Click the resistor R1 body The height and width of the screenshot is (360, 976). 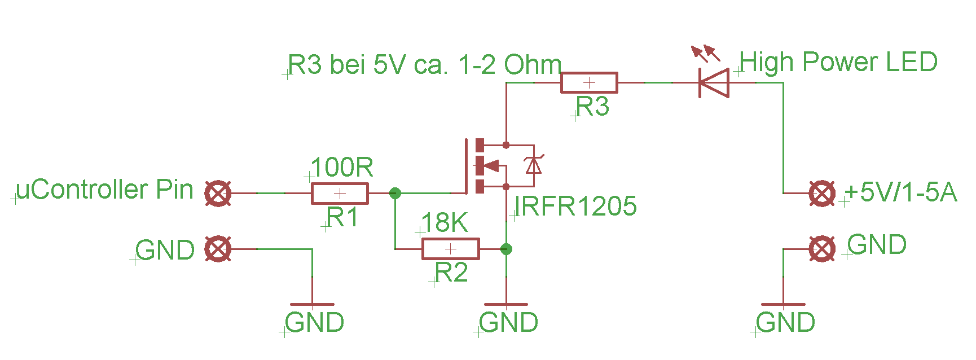[x=340, y=194]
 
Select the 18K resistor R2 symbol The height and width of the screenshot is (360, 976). [x=450, y=249]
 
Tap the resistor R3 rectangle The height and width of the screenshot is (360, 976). [x=589, y=83]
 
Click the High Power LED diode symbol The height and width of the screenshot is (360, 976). [x=714, y=83]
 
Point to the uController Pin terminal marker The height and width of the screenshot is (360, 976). [x=218, y=194]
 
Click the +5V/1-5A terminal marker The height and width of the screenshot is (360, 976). [x=822, y=194]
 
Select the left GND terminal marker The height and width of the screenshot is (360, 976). [x=218, y=249]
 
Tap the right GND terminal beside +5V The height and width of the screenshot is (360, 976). [x=822, y=249]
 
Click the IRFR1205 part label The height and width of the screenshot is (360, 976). [x=575, y=207]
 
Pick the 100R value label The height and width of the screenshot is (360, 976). [x=342, y=168]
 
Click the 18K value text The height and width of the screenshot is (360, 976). [x=445, y=223]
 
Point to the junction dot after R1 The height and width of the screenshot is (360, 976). [x=395, y=194]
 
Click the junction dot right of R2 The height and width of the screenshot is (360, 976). [x=506, y=249]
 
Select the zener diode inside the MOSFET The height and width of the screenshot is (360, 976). [x=533, y=165]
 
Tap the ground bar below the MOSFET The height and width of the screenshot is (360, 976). [x=506, y=305]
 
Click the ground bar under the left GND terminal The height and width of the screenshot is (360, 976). [x=312, y=305]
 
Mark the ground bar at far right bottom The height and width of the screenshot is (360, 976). [x=783, y=305]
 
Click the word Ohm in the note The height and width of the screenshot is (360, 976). [x=533, y=65]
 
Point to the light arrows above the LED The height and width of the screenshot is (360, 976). [x=706, y=54]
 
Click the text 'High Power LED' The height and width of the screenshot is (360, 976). [x=838, y=62]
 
